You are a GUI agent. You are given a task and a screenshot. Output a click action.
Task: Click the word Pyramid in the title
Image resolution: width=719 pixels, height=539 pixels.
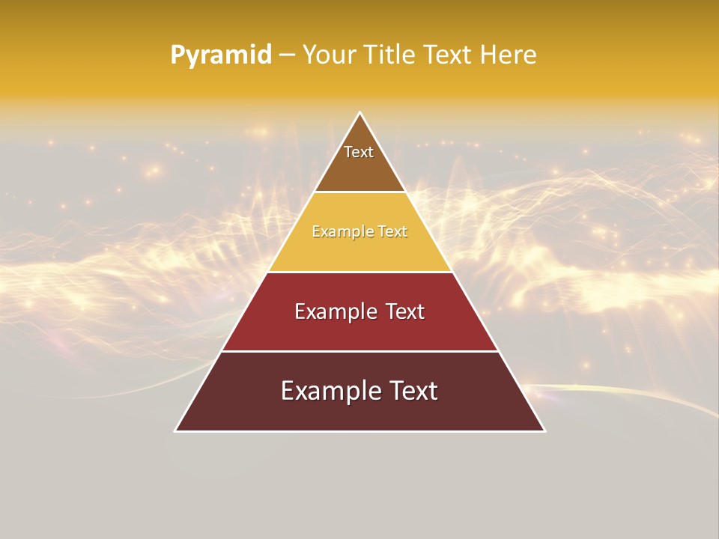coord(221,55)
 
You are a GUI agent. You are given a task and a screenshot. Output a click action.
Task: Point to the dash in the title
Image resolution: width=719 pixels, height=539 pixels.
coord(287,55)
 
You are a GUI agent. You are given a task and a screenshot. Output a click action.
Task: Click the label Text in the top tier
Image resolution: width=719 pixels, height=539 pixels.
coord(359,152)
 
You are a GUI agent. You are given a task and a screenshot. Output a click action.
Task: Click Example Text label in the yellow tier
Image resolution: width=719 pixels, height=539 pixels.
coord(359,231)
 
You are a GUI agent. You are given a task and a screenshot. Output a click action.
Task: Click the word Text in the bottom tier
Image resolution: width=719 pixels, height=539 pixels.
coord(410,391)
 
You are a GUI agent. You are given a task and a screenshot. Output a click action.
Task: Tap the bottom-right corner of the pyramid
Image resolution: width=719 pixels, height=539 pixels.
coord(544,430)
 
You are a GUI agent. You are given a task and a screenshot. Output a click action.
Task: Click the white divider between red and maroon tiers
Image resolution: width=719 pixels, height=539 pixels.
coord(359,351)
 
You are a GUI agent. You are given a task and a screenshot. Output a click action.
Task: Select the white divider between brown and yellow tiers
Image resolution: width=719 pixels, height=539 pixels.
coord(359,192)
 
